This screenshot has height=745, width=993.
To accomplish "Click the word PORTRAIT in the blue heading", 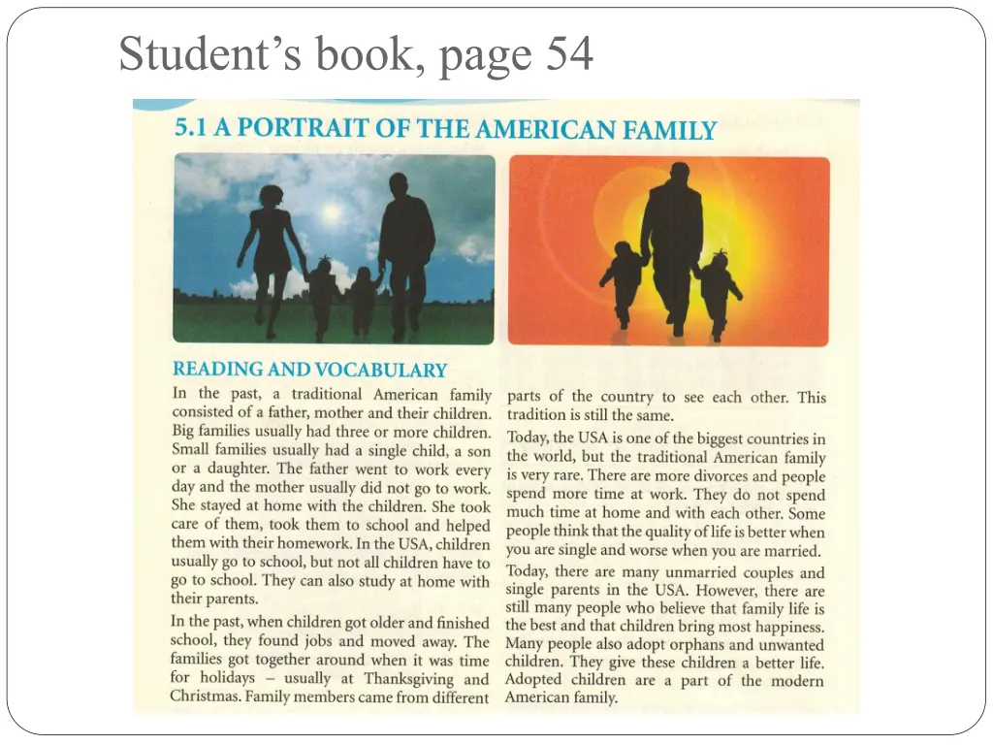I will pos(301,128).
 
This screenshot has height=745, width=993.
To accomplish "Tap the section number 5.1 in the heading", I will pos(191,128).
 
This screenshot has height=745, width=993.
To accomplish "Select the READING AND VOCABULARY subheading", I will pos(309,370).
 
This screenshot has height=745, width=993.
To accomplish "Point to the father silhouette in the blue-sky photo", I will pos(404,243).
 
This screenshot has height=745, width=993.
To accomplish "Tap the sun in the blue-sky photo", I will pos(332,211).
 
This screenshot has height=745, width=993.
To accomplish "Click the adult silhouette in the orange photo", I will pos(671,243).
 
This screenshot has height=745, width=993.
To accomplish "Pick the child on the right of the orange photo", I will pos(718,291).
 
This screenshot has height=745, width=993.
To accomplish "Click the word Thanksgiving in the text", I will pos(412,679).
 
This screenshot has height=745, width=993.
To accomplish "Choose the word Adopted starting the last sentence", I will pos(533,680).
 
